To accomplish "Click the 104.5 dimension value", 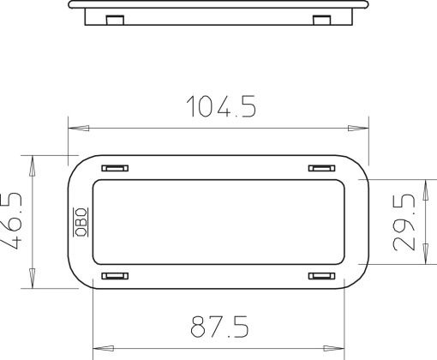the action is tap(221, 106).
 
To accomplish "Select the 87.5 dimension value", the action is tap(219, 327).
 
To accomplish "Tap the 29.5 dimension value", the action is tap(404, 222).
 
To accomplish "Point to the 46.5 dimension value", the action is tap(11, 221).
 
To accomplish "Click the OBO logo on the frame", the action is tap(81, 222).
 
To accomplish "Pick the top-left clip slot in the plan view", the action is tap(115, 168).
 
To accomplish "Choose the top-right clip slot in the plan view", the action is tap(322, 168).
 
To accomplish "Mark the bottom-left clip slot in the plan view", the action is tap(115, 276).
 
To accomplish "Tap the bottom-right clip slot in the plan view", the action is tap(322, 276).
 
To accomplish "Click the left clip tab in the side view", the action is tap(115, 20).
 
